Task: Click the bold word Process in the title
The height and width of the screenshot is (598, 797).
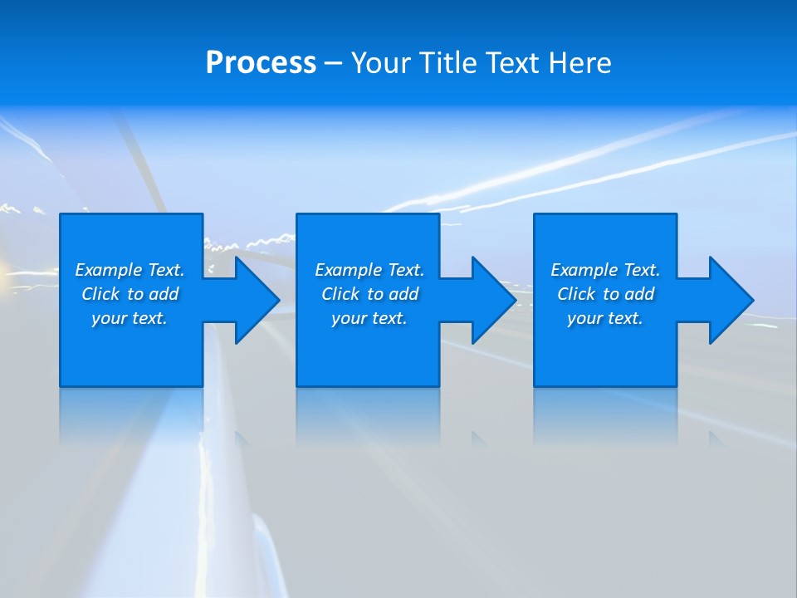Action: [x=261, y=63]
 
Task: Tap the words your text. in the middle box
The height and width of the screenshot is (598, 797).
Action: [x=369, y=318]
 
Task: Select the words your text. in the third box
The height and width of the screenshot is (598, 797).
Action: [x=605, y=318]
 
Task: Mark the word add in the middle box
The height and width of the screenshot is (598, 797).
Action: [x=403, y=294]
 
